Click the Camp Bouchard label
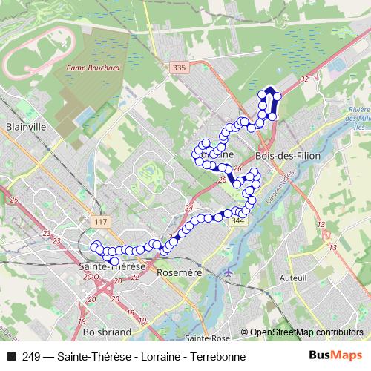click(x=93, y=68)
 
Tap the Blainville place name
click(x=26, y=127)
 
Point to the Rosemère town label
click(x=180, y=272)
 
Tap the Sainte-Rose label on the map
click(x=207, y=338)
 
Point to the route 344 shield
click(x=237, y=220)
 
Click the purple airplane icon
click(x=228, y=272)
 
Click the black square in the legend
click(x=10, y=357)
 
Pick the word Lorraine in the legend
click(x=155, y=357)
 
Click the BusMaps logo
click(x=337, y=356)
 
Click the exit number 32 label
click(x=305, y=77)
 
